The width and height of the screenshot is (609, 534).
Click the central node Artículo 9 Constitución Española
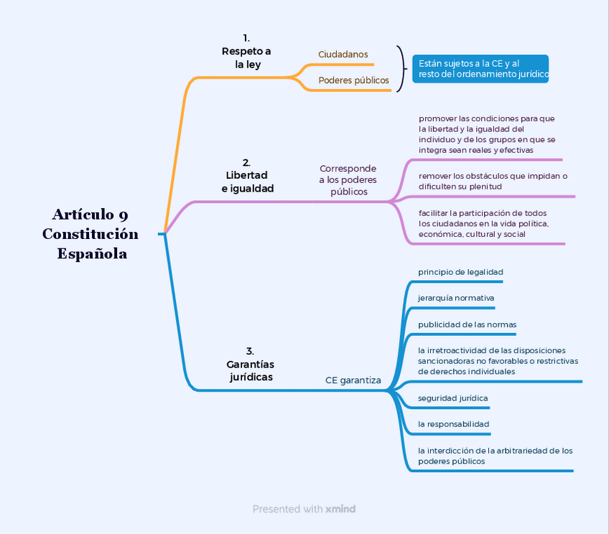(x=90, y=234)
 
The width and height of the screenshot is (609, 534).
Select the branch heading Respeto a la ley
(x=246, y=51)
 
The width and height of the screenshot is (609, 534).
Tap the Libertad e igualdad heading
(x=247, y=176)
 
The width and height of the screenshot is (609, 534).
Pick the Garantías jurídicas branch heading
(x=251, y=364)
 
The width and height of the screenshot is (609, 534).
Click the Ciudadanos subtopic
(x=343, y=55)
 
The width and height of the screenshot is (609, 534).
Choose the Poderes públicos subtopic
(x=353, y=80)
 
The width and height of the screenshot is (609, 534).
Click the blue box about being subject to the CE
(x=480, y=69)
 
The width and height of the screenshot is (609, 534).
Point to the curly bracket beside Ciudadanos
(x=401, y=68)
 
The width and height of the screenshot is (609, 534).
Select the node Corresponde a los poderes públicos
(x=348, y=180)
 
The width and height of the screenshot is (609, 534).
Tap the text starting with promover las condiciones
(x=487, y=134)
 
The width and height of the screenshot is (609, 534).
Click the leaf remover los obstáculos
(x=493, y=181)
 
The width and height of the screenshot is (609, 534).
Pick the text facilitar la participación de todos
(x=483, y=223)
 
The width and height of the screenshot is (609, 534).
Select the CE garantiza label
(x=353, y=380)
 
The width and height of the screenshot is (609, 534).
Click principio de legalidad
(x=460, y=272)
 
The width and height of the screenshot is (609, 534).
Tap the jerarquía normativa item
(x=456, y=298)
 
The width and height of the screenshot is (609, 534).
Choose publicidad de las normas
(x=467, y=324)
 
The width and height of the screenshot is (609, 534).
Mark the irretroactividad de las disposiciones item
(x=498, y=361)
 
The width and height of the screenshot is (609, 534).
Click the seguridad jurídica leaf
(x=453, y=398)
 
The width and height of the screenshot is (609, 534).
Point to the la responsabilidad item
(x=454, y=424)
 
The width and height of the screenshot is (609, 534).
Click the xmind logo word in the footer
(x=340, y=509)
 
